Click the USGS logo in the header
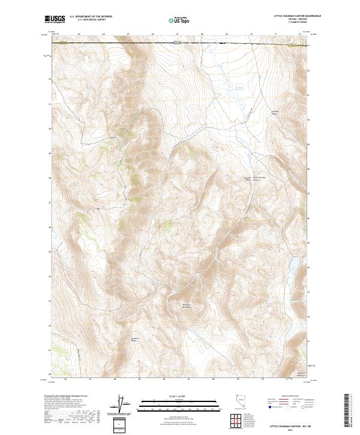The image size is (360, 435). pos(55,20)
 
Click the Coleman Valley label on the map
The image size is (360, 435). pos(246,179)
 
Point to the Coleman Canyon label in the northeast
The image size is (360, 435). pos(276,112)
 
